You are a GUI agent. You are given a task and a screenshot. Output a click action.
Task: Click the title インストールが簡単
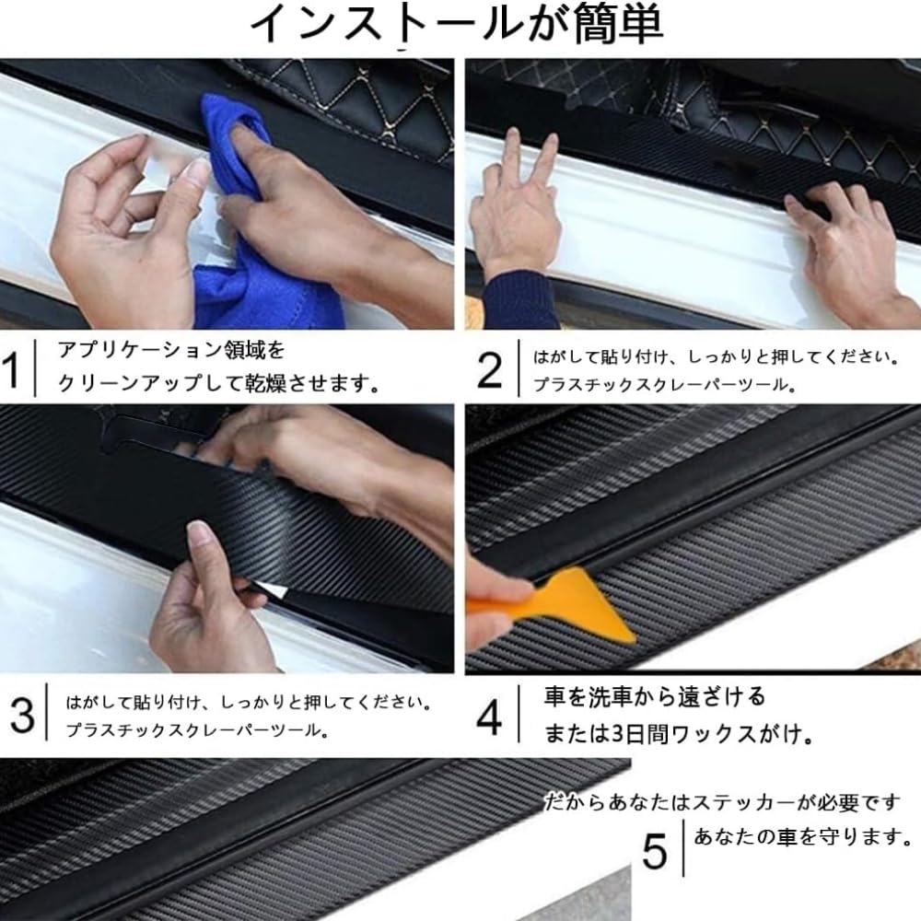pyautogui.click(x=457, y=24)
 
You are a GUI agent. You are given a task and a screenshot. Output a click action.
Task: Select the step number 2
pyautogui.click(x=489, y=370)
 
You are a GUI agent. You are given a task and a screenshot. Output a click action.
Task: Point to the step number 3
pyautogui.click(x=22, y=716)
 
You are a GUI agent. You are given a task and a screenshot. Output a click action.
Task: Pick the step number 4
pyautogui.click(x=489, y=717)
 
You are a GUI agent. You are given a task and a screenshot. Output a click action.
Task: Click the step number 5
pyautogui.click(x=654, y=851)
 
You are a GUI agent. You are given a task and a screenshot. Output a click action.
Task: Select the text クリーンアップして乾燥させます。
pyautogui.click(x=218, y=383)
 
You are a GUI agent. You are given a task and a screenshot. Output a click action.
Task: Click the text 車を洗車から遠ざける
pyautogui.click(x=655, y=696)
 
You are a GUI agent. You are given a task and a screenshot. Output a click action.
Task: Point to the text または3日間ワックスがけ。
pyautogui.click(x=679, y=734)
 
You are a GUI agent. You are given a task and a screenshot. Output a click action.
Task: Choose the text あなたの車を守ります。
pyautogui.click(x=802, y=836)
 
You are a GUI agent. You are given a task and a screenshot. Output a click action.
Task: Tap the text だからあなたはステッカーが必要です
pyautogui.click(x=722, y=802)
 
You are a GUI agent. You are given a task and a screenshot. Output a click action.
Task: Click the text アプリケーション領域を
pyautogui.click(x=171, y=350)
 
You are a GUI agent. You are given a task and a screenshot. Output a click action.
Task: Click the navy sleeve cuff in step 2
pyautogui.click(x=519, y=299)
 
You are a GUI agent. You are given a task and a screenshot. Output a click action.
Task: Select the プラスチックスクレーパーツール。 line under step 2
pyautogui.click(x=665, y=385)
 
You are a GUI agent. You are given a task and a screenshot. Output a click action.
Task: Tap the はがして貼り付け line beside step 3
pyautogui.click(x=249, y=703)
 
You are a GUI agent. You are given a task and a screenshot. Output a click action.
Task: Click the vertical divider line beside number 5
pyautogui.click(x=683, y=849)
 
